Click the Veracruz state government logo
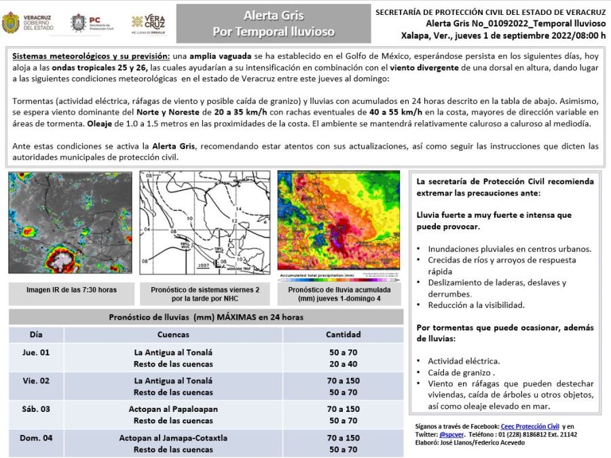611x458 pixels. click(27, 23)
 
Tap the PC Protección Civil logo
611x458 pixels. click(92, 23)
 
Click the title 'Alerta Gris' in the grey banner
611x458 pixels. click(274, 16)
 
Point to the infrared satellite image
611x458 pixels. click(70, 222)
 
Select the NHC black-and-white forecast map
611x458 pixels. click(204, 222)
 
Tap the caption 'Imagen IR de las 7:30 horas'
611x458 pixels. click(71, 290)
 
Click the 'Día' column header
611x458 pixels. click(36, 335)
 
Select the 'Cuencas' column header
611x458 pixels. click(173, 335)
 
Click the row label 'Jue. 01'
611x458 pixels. click(36, 352)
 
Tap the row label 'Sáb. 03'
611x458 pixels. click(36, 409)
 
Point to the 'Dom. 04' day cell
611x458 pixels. click(36, 438)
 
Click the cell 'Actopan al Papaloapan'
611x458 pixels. click(173, 409)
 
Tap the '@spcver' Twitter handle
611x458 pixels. click(451, 434)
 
